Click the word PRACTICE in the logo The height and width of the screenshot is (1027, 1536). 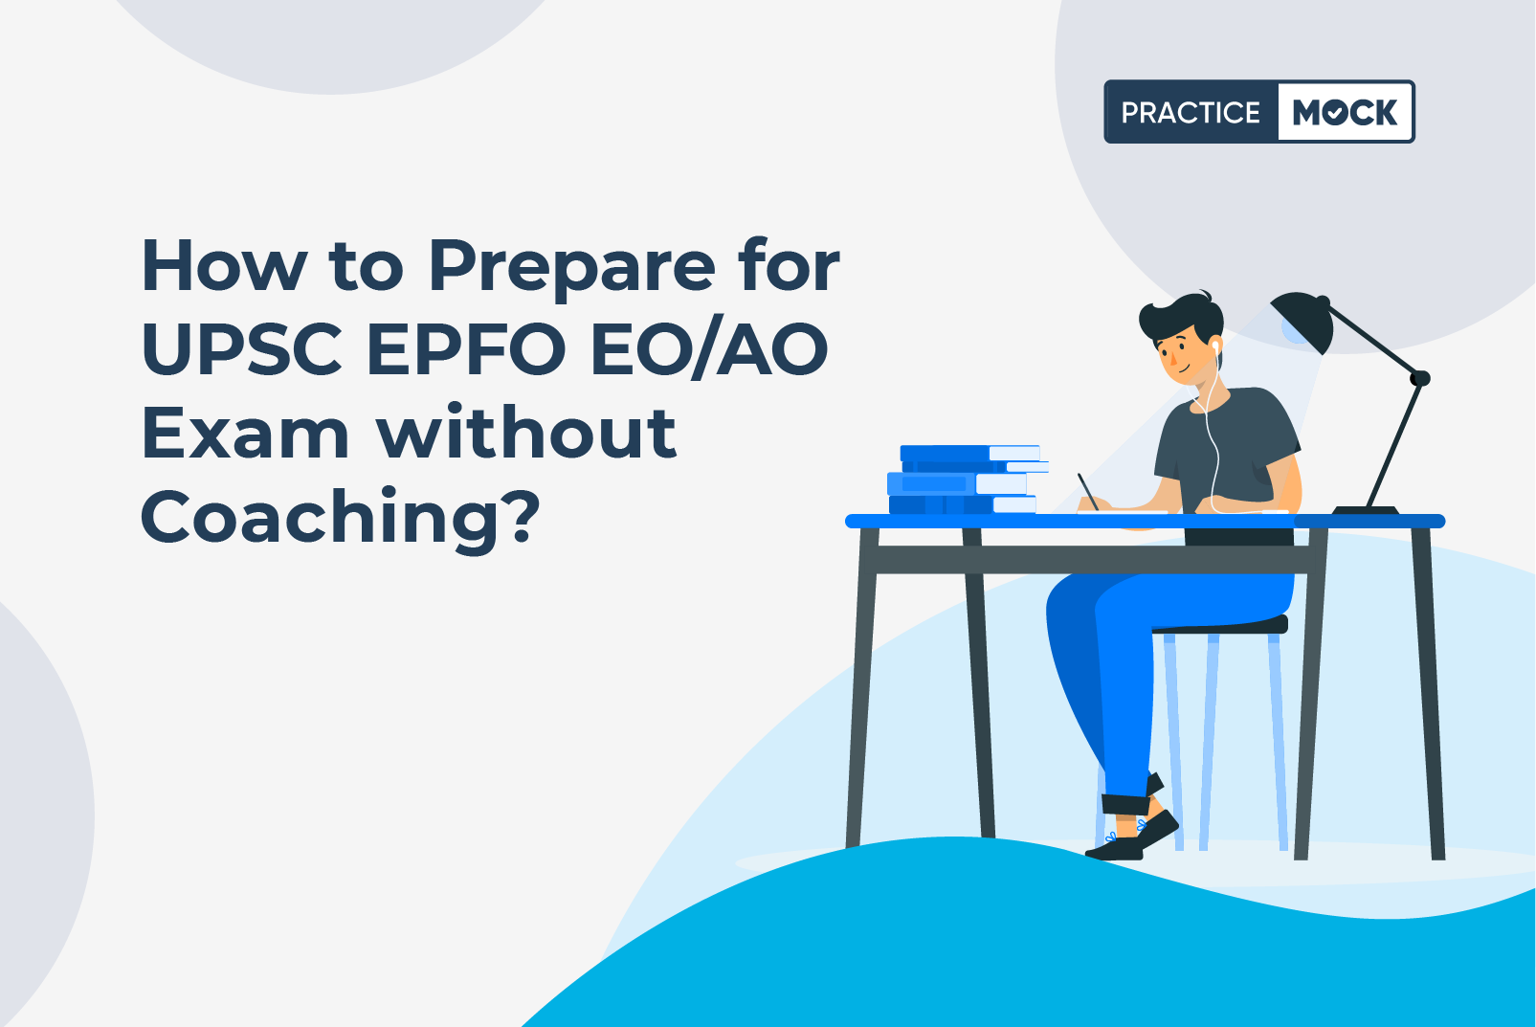1191,112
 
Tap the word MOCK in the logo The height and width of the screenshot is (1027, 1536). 1345,112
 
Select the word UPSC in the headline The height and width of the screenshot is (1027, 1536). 241,348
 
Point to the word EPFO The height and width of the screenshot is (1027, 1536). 467,348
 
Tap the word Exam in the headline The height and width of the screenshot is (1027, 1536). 246,432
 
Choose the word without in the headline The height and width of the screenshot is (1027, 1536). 526,431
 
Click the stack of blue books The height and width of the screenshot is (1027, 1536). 967,480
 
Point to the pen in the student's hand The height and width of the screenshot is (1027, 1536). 1087,492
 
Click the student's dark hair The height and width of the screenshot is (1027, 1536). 1182,318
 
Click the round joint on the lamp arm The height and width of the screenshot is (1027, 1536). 1420,378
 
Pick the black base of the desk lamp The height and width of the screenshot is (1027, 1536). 1366,510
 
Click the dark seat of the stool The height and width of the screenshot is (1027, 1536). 1220,625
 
